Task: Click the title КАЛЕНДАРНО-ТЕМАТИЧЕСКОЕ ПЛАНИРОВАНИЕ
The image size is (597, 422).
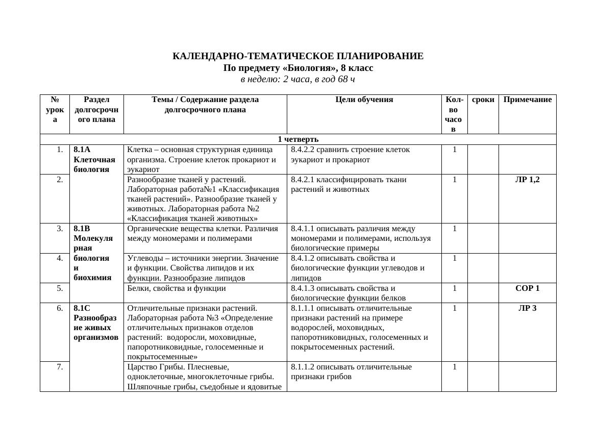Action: tap(298, 56)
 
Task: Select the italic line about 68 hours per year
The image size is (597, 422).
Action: tap(298, 80)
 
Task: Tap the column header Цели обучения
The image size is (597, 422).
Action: tap(364, 100)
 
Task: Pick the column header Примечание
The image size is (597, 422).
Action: tap(527, 100)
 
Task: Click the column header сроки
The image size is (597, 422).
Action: tap(483, 100)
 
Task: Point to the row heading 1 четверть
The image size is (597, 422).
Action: tap(298, 139)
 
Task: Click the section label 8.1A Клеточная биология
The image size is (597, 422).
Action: tap(94, 159)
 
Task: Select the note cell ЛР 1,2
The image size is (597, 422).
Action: tap(527, 180)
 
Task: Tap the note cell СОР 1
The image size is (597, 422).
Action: tap(527, 288)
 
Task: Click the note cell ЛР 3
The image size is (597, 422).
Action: tap(527, 308)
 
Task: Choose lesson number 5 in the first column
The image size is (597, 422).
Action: tap(60, 288)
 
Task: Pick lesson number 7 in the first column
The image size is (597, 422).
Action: tap(60, 367)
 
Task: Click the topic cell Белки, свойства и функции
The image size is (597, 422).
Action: tap(176, 288)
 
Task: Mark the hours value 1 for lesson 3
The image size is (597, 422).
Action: tap(454, 229)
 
